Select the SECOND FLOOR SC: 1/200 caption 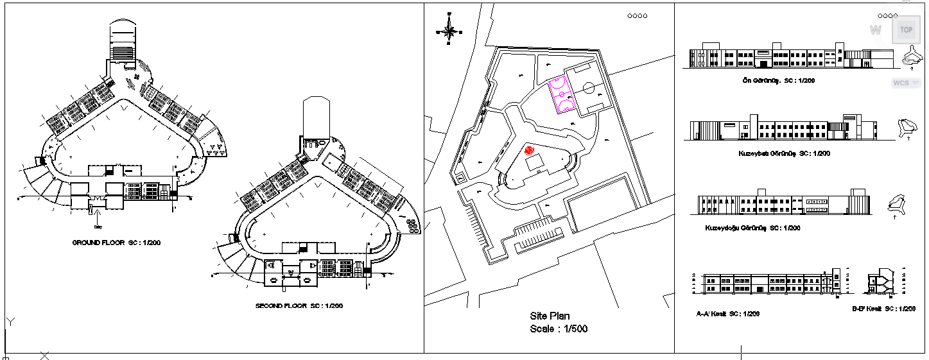point(299,306)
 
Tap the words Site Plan point(550,316)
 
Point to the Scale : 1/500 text point(559,329)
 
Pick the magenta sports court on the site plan point(562,94)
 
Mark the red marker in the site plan point(529,150)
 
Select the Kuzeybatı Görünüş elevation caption point(785,154)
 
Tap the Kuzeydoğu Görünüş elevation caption point(752,228)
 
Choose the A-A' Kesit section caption point(728,314)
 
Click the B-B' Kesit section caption point(883,309)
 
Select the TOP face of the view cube point(906,30)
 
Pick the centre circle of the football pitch point(588,87)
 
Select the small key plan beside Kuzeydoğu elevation point(896,203)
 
